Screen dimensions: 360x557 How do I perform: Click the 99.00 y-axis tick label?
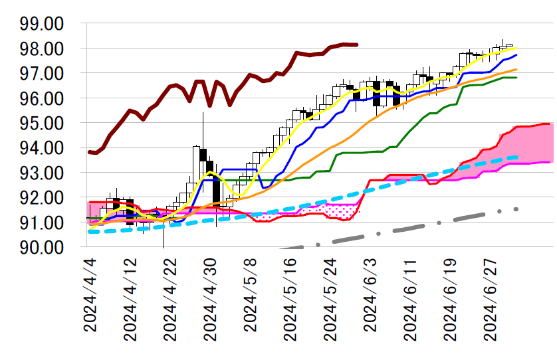[x=41, y=24]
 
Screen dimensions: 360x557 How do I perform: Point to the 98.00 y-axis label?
[x=41, y=49]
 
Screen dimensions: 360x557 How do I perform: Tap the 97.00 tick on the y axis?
[x=41, y=74]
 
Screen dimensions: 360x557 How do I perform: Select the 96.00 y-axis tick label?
[x=41, y=98]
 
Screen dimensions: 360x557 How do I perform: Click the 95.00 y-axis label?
[x=41, y=124]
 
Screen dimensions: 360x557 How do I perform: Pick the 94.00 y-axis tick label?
[x=41, y=148]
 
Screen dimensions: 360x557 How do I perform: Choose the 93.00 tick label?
[x=41, y=173]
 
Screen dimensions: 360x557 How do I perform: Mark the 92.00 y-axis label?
[x=41, y=198]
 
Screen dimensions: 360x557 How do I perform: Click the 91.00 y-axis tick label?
[x=41, y=223]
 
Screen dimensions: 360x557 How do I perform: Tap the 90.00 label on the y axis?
[x=41, y=247]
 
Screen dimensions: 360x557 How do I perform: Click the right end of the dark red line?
[x=358, y=45]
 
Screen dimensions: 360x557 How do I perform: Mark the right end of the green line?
[x=516, y=77]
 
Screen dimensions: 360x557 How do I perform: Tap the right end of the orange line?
[x=516, y=69]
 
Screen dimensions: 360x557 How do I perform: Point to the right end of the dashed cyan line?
[x=516, y=157]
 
